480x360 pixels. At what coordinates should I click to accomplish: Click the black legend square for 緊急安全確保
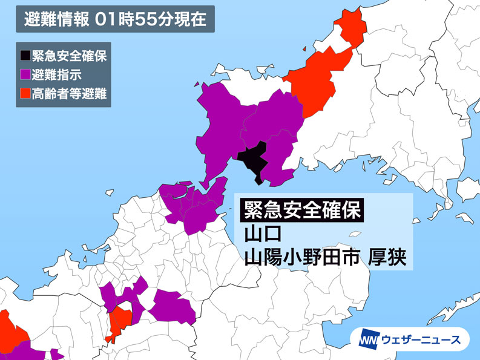click(25, 57)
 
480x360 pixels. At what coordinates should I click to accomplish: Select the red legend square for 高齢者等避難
click(25, 94)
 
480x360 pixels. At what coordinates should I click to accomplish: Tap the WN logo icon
click(370, 339)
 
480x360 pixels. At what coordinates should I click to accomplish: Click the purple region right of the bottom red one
click(172, 306)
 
